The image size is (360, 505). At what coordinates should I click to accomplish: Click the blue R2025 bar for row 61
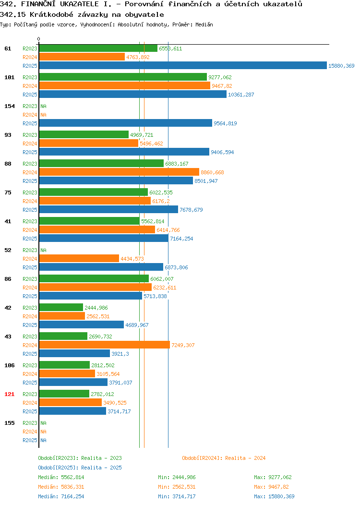[183, 65]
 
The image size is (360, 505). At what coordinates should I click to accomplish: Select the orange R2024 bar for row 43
[105, 345]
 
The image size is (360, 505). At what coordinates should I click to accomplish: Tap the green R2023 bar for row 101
[123, 77]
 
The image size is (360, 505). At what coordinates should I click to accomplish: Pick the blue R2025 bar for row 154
[126, 123]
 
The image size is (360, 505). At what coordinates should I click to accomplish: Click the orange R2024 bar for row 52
[79, 259]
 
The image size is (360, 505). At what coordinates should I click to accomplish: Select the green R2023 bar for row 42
[61, 308]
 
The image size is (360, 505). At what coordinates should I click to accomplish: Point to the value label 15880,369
[341, 66]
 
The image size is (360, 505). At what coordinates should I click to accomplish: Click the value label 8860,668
[212, 172]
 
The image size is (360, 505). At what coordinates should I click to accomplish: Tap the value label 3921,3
[120, 354]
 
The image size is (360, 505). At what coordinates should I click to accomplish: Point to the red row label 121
[9, 394]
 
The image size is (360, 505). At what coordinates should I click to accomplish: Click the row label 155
[9, 423]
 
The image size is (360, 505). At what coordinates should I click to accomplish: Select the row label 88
[8, 164]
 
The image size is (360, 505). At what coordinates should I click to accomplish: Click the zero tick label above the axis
[39, 39]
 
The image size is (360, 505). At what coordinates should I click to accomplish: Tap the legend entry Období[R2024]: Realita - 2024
[224, 458]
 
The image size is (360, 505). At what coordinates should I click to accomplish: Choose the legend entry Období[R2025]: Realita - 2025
[80, 468]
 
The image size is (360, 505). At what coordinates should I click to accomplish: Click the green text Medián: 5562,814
[61, 477]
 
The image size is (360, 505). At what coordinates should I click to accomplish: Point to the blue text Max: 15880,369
[275, 496]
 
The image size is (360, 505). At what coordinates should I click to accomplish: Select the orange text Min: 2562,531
[177, 487]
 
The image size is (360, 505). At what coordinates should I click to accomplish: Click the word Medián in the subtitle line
[204, 24]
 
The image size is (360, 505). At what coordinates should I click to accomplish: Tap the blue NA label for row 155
[44, 440]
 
